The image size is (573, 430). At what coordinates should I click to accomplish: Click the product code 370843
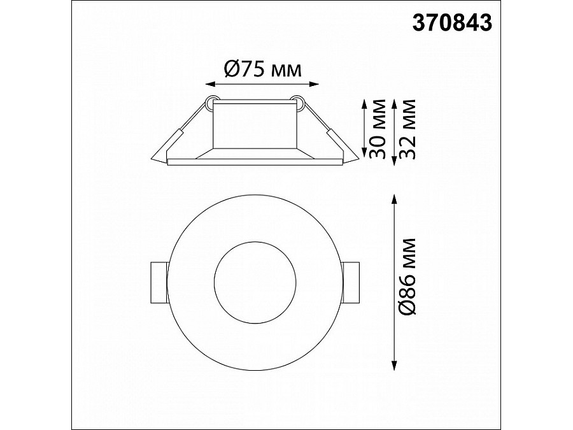451,24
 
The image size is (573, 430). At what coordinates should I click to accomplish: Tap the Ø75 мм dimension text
262,69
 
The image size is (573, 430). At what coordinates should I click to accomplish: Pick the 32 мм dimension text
409,130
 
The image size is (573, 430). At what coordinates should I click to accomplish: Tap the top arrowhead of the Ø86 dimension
395,199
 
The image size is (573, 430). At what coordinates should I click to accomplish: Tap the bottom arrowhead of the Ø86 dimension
395,366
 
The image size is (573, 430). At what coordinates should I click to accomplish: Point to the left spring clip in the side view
171,143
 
